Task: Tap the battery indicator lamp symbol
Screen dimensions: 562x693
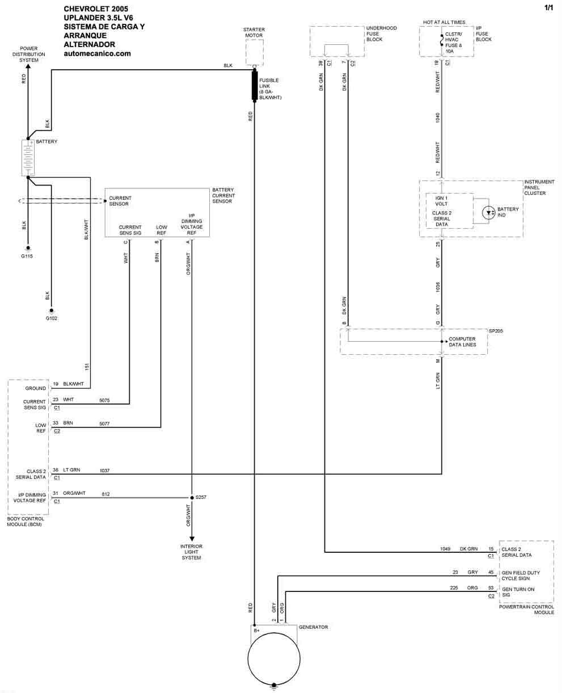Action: point(488,213)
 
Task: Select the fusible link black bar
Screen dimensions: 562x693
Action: point(255,86)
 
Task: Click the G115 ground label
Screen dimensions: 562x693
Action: point(27,256)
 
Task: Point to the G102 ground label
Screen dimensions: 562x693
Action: point(52,318)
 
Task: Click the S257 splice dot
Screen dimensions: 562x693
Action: point(192,498)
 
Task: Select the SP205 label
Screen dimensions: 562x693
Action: point(496,331)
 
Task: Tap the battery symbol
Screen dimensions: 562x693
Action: point(28,158)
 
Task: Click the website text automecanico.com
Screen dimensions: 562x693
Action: point(97,54)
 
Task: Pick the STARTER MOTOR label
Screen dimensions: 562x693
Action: point(254,32)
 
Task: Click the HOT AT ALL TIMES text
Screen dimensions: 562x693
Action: point(444,22)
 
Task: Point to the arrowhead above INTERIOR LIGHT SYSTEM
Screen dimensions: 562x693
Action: point(192,539)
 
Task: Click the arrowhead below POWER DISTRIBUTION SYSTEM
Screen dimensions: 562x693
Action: point(28,66)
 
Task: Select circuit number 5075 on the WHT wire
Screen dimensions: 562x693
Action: point(104,400)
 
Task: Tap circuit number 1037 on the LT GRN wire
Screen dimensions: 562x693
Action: point(104,471)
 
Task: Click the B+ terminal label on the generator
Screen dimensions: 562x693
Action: point(256,631)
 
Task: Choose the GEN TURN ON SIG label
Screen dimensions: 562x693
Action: point(518,592)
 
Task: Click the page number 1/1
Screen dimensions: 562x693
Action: point(549,7)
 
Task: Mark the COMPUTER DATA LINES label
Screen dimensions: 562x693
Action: point(462,342)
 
